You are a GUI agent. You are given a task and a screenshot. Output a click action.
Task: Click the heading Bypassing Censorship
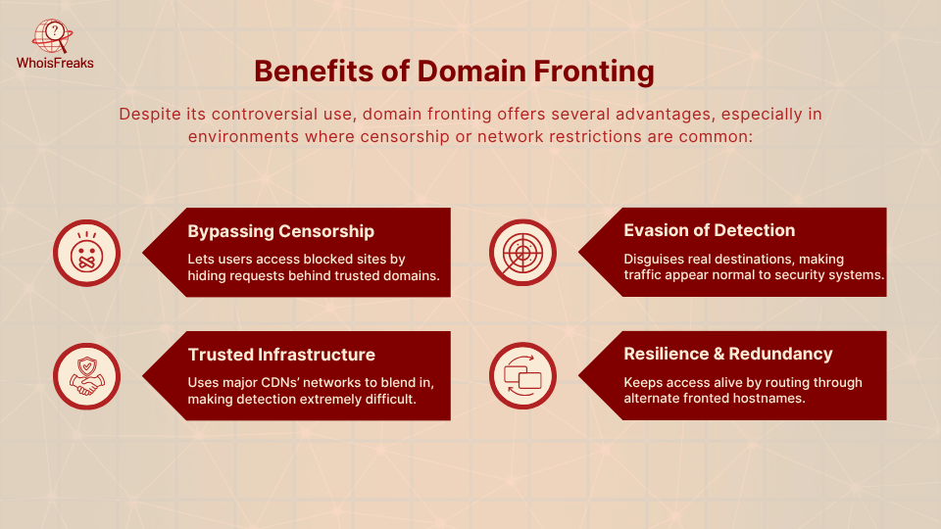tap(281, 231)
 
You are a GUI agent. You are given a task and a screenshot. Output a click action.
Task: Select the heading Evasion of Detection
tap(710, 230)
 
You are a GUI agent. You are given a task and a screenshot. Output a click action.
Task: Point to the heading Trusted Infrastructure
tap(281, 354)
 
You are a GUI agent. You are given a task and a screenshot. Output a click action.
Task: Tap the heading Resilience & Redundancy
tap(728, 354)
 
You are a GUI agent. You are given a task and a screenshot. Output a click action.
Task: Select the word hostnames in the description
tap(771, 399)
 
